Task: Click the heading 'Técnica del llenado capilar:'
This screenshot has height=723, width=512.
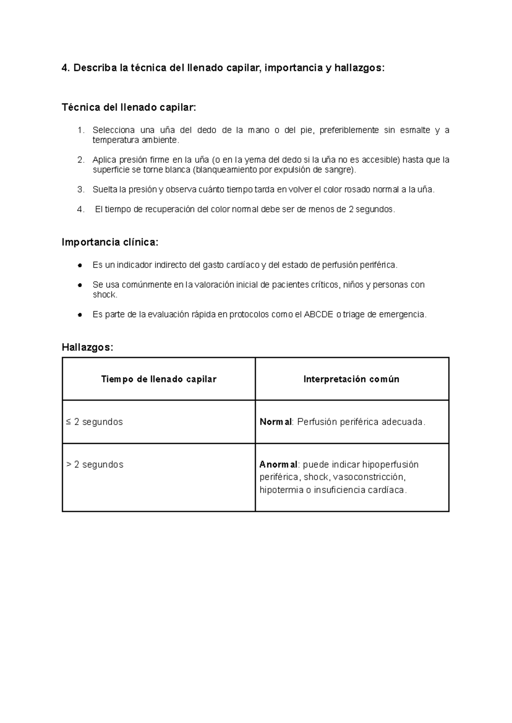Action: [x=129, y=108]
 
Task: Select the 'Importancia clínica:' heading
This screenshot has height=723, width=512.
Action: [x=110, y=242]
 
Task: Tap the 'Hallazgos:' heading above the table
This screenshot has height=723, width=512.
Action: [x=87, y=347]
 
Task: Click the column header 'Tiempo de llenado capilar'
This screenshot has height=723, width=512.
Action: [x=159, y=379]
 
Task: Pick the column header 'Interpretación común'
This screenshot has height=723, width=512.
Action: [x=351, y=379]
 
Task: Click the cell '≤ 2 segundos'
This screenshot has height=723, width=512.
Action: [x=95, y=422]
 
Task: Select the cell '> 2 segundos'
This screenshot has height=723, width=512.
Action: [x=95, y=464]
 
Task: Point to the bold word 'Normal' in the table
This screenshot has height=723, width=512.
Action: [x=276, y=422]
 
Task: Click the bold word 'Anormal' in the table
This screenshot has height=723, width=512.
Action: [x=278, y=464]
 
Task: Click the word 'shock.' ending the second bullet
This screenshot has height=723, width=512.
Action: [x=105, y=294]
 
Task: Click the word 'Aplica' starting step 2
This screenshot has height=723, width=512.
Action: [x=104, y=160]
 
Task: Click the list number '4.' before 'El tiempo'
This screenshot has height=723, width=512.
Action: [x=81, y=210]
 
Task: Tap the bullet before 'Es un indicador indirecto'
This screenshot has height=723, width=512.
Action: [x=80, y=265]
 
